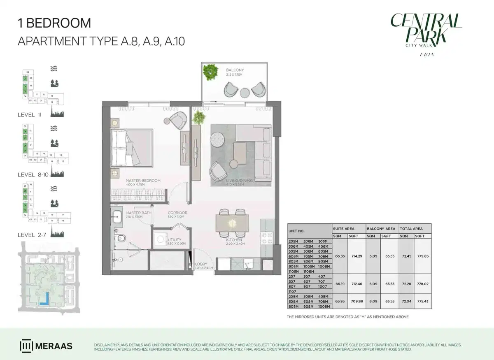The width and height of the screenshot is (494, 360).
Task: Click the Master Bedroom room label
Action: [143, 181]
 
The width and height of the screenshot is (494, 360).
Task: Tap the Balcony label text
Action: [235, 70]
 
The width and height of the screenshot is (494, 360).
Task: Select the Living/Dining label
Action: [235, 181]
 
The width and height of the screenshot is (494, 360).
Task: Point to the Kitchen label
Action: [234, 240]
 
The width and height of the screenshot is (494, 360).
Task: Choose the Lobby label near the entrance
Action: [202, 264]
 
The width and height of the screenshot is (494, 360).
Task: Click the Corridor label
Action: [177, 213]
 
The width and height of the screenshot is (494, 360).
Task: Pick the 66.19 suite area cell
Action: [340, 284]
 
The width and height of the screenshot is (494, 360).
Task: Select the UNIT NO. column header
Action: [296, 231]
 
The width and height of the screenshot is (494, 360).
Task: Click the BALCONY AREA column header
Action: [381, 228]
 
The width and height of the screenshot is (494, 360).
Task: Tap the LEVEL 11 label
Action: [30, 114]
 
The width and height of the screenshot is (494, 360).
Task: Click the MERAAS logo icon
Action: [26, 346]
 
